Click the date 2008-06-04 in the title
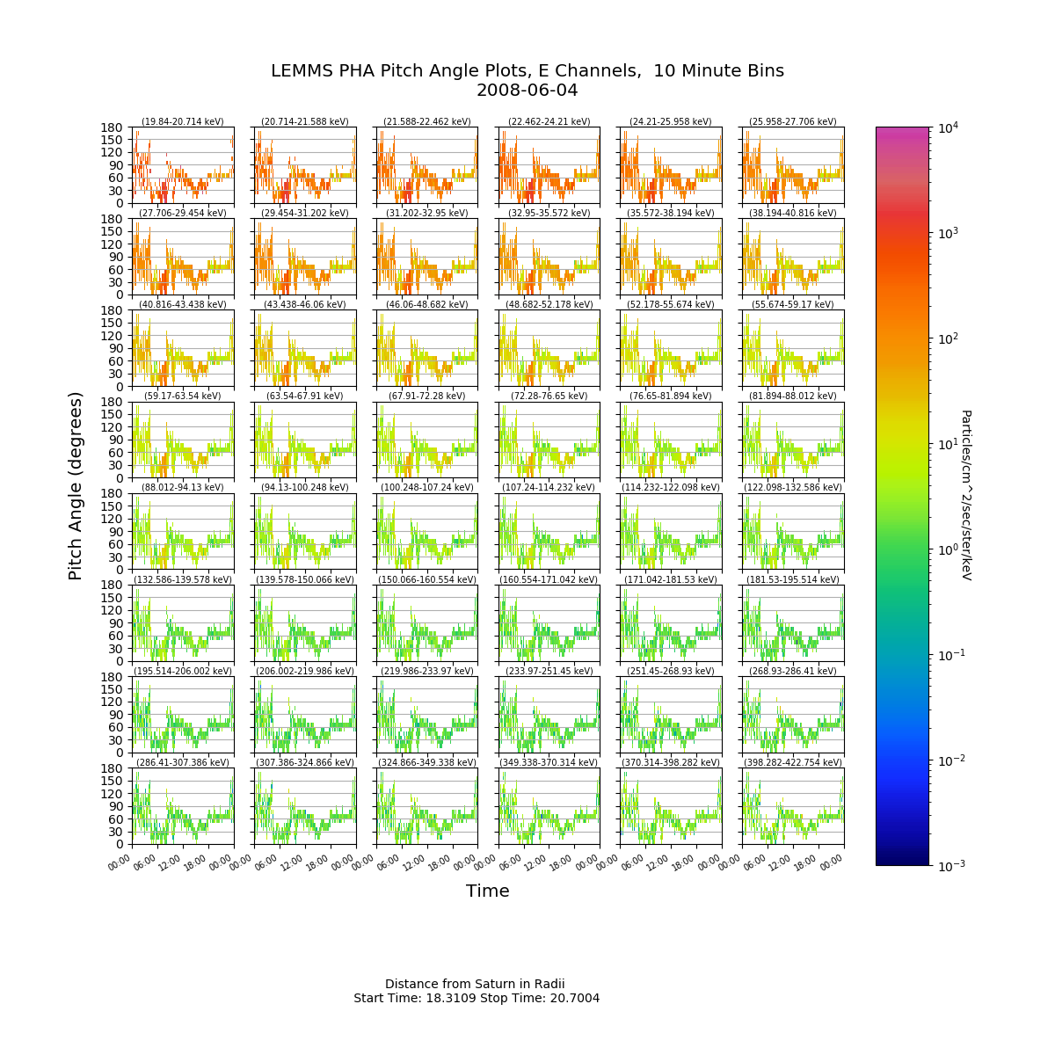coord(527,91)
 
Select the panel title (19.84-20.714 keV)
coord(183,121)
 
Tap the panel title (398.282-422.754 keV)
coord(793,762)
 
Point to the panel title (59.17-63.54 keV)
coord(183,396)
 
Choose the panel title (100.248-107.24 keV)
coord(427,487)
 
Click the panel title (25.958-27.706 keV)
coord(793,121)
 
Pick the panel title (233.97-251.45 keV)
coord(549,671)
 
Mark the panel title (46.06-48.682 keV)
coord(427,304)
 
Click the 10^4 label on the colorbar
coord(949,127)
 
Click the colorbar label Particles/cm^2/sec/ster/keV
coord(966,495)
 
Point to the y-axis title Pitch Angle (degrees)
coord(75,486)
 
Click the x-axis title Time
coord(487,891)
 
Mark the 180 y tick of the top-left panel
coord(112,127)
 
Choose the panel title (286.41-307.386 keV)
coord(183,762)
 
